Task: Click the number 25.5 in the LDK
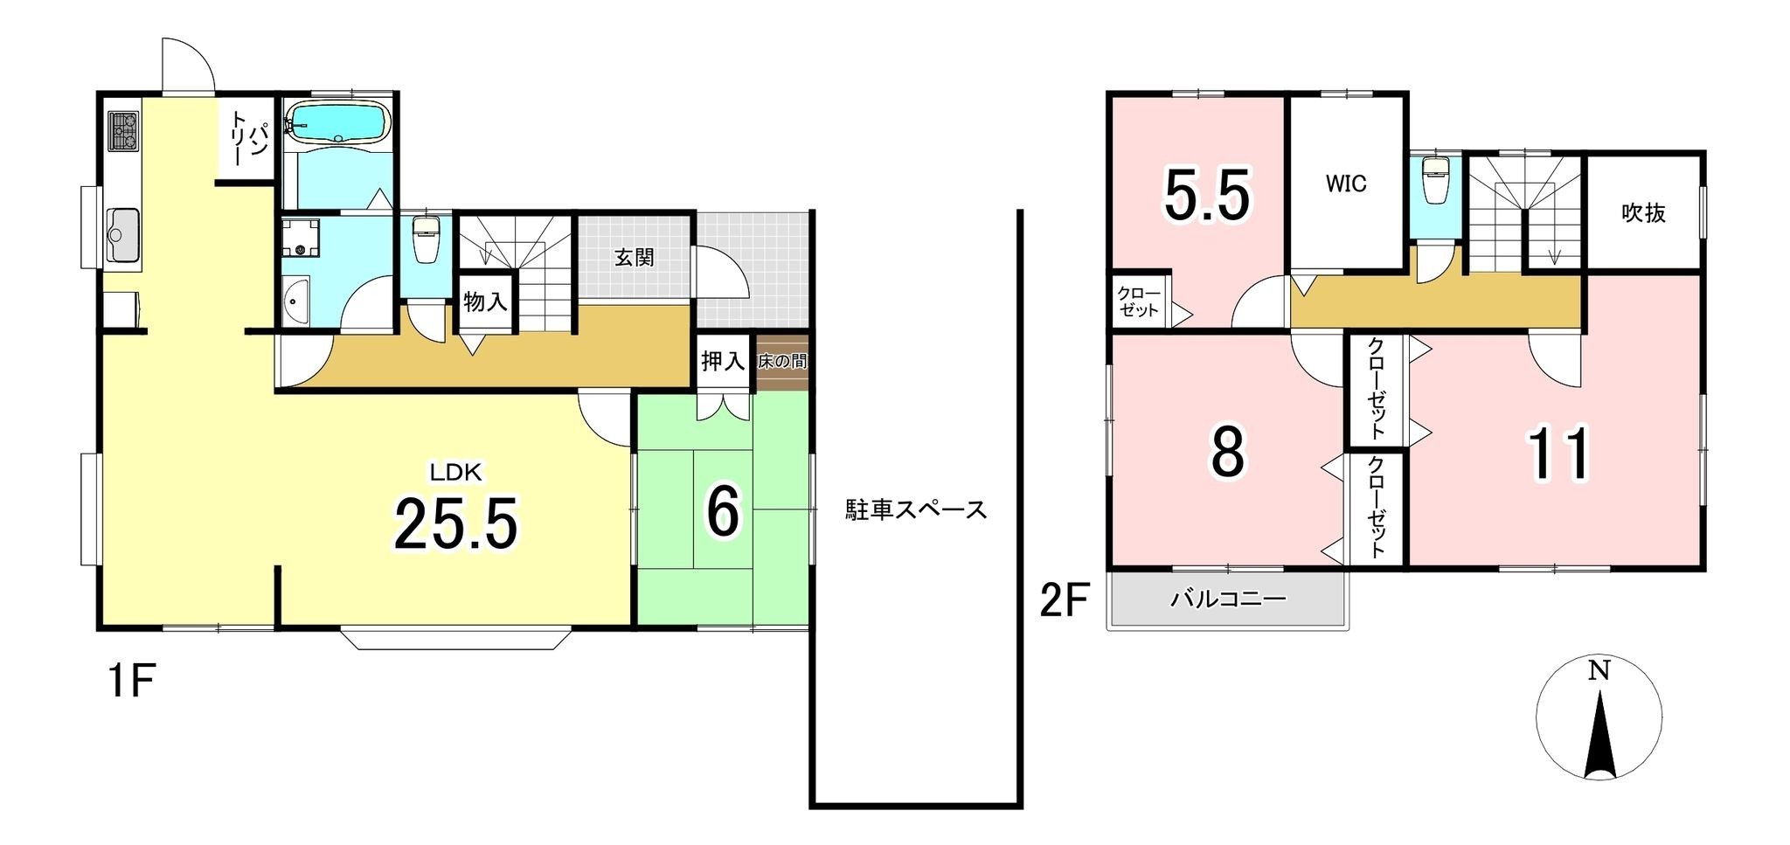click(456, 522)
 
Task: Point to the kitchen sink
click(123, 234)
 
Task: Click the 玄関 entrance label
click(634, 258)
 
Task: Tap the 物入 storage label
click(485, 302)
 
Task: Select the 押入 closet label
click(722, 360)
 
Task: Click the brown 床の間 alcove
click(782, 361)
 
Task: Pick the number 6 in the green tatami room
click(723, 512)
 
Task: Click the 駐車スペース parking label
click(915, 509)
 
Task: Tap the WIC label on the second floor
click(1345, 184)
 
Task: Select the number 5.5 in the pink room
click(1207, 196)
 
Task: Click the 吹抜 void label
click(1643, 212)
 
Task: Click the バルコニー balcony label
click(1228, 599)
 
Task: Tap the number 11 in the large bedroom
click(1558, 454)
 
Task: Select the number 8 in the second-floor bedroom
click(1227, 453)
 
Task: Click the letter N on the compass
click(1599, 671)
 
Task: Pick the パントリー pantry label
click(248, 140)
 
